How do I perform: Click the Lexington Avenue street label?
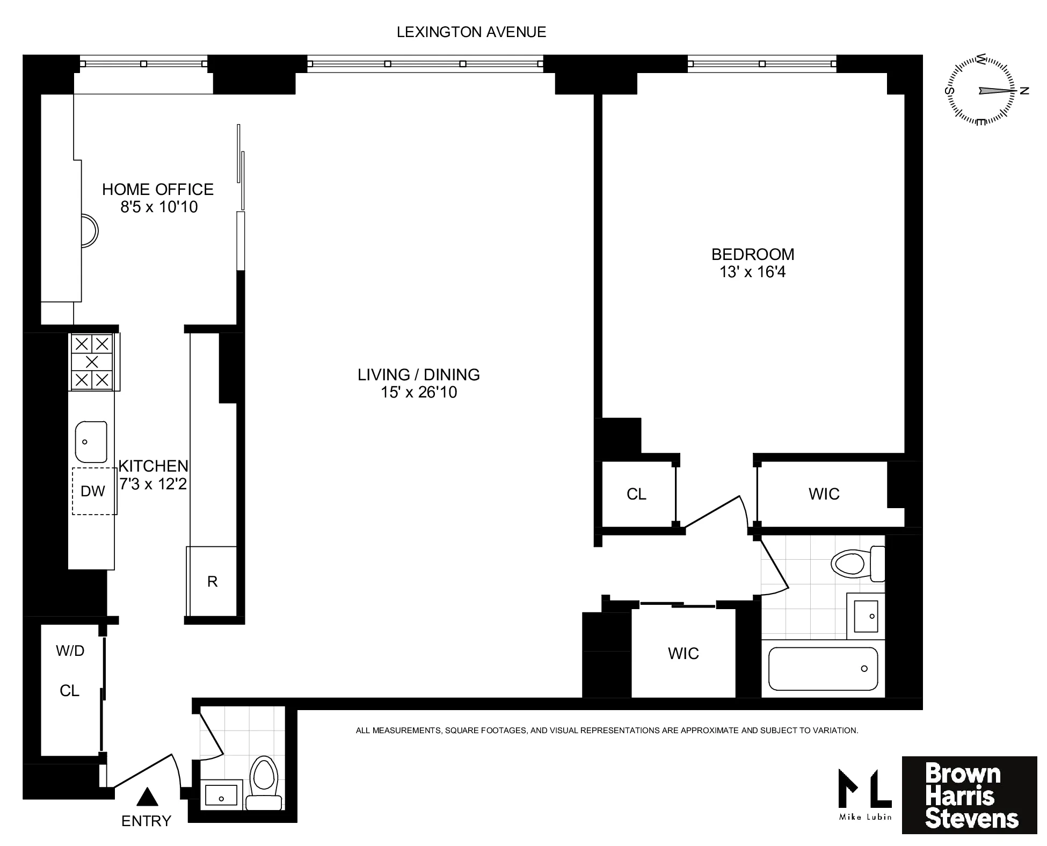tap(471, 32)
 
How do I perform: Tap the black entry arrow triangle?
tap(147, 797)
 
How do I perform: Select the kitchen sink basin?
tap(91, 442)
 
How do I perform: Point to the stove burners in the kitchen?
tap(92, 361)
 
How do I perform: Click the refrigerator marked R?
tap(212, 581)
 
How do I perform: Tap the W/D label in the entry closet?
tap(70, 651)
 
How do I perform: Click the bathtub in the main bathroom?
tap(823, 669)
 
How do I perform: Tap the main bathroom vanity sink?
tap(865, 616)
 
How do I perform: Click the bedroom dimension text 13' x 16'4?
tap(752, 272)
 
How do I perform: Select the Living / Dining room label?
tap(418, 374)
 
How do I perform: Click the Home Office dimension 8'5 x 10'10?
tap(159, 207)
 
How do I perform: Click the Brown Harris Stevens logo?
tap(969, 795)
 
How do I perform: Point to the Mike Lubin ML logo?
tap(864, 794)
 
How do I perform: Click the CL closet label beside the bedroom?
tap(636, 494)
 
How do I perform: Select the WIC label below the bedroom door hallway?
tap(683, 654)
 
